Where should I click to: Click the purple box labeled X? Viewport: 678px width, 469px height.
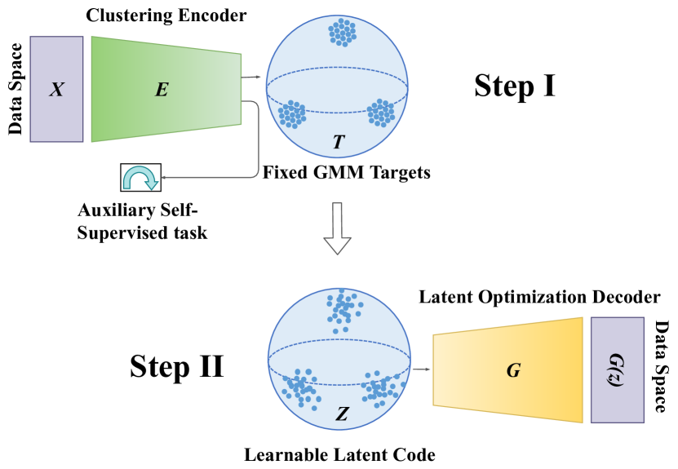(x=56, y=89)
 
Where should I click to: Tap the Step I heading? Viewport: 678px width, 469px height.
(x=514, y=85)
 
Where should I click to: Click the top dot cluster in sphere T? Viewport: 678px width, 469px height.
(x=342, y=33)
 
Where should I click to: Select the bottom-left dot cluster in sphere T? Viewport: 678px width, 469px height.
(x=291, y=114)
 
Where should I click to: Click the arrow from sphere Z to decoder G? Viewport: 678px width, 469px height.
(x=421, y=369)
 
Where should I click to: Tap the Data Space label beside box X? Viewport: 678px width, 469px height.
(x=15, y=89)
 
